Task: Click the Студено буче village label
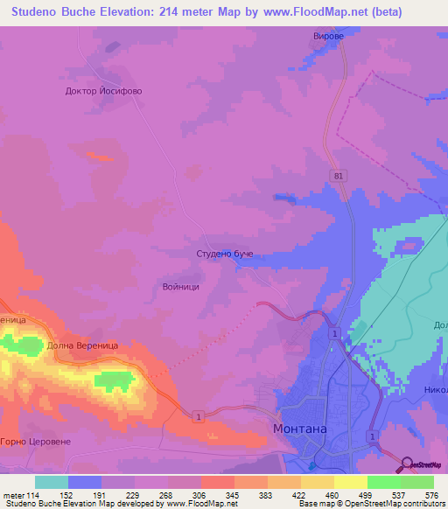[x=224, y=254]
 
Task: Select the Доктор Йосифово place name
[x=103, y=90]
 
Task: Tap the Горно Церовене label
[x=35, y=442]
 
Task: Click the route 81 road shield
[x=339, y=176]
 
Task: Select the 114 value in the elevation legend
[x=35, y=494]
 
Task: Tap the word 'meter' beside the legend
[x=13, y=494]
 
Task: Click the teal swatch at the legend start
[x=52, y=482]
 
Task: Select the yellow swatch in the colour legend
[x=317, y=482]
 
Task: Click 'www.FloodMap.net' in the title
[x=332, y=12]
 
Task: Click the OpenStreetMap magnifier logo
[x=408, y=464]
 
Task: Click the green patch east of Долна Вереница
[x=111, y=380]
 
